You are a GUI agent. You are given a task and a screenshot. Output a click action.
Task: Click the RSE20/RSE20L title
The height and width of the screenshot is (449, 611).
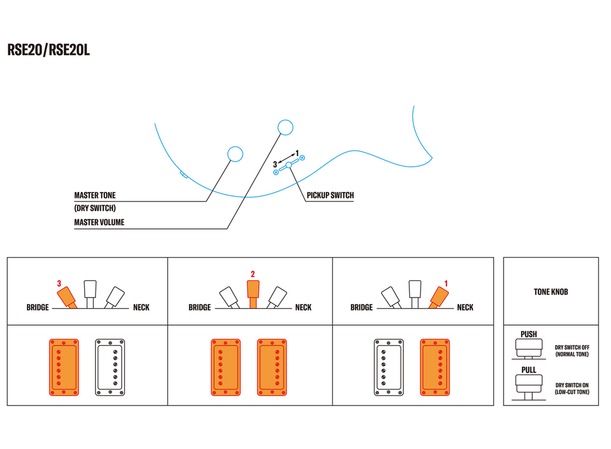click(48, 50)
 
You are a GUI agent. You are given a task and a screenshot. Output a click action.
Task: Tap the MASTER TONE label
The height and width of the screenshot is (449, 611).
click(95, 195)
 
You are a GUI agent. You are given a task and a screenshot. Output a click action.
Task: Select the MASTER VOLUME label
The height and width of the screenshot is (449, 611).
click(99, 222)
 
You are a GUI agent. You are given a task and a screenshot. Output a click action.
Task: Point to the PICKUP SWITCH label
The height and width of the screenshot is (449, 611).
click(330, 195)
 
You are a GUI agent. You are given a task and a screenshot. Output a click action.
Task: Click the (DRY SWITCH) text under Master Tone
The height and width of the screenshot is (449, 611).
click(95, 209)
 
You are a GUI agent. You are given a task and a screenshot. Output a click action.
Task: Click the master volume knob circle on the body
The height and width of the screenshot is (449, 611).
click(285, 127)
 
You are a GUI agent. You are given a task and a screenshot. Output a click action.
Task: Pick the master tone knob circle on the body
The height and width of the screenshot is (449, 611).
click(236, 154)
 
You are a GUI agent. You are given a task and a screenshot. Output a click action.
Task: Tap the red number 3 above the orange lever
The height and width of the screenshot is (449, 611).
click(59, 283)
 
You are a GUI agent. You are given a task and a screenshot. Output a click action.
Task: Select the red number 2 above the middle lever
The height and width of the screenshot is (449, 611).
click(252, 274)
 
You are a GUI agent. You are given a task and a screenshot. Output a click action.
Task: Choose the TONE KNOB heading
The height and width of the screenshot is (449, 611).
click(551, 292)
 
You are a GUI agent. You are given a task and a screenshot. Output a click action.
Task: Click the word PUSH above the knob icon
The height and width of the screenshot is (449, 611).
click(529, 334)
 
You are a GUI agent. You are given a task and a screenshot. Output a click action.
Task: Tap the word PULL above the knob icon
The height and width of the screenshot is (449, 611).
click(529, 370)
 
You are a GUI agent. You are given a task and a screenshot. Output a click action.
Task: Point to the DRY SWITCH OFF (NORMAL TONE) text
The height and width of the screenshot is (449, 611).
click(572, 351)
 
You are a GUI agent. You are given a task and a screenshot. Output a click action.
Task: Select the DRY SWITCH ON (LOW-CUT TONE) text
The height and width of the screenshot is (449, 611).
click(572, 388)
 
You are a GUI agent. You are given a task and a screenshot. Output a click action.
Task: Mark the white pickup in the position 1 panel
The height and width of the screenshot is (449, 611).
click(389, 367)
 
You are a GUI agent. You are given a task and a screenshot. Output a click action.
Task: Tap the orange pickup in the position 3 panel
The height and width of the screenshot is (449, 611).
click(64, 367)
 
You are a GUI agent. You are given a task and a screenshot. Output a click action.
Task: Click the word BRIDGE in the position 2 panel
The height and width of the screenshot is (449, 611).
click(199, 308)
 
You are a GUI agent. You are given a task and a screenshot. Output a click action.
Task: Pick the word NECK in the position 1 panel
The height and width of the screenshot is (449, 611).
click(465, 308)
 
